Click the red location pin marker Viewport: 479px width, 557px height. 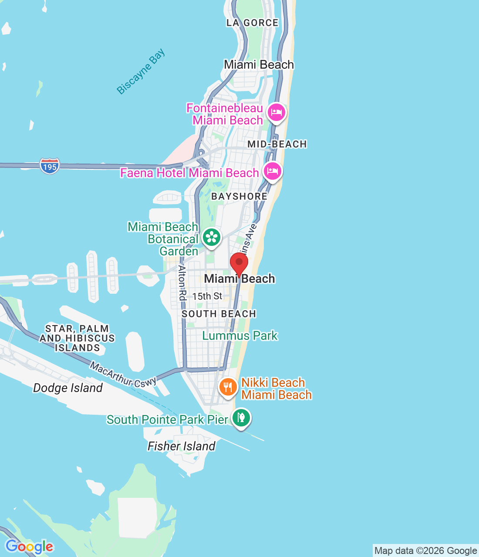(x=239, y=263)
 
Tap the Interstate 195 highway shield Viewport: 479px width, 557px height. (x=50, y=166)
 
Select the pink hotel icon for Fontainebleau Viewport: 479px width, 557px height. (x=276, y=113)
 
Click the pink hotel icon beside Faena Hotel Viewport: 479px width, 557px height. (x=273, y=171)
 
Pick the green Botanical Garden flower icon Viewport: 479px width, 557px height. (x=212, y=237)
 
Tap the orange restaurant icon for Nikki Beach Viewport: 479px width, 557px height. (x=228, y=386)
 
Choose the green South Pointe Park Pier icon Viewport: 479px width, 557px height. (x=241, y=418)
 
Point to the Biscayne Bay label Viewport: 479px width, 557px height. (x=141, y=71)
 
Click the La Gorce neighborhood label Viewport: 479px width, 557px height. (x=252, y=23)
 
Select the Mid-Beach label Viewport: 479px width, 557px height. (x=277, y=144)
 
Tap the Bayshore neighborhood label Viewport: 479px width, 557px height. (x=239, y=196)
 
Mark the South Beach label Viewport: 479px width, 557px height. (x=219, y=314)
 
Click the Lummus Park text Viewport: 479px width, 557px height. (x=240, y=336)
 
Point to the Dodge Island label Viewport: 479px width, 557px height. (x=68, y=388)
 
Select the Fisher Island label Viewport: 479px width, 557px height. (x=182, y=446)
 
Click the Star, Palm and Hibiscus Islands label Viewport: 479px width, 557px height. (x=77, y=338)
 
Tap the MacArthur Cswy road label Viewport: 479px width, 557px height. (x=123, y=375)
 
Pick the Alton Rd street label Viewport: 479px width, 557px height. (x=182, y=282)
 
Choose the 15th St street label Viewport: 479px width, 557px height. (x=207, y=296)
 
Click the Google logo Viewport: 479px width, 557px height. (x=30, y=547)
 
